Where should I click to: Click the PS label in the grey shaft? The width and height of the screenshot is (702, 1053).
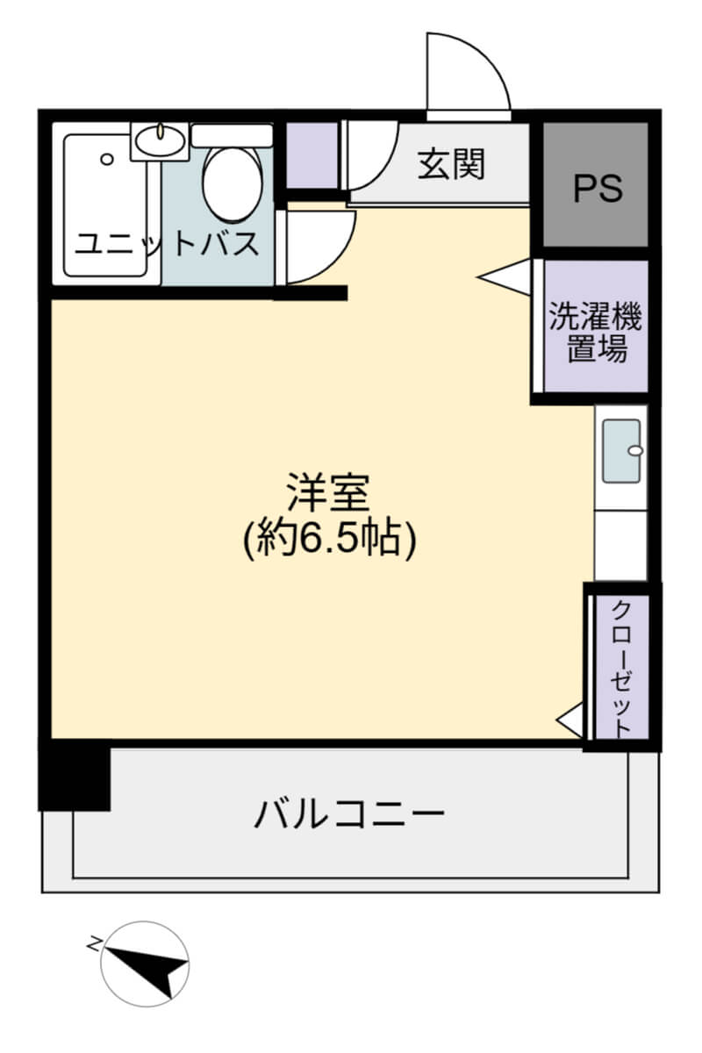click(x=598, y=188)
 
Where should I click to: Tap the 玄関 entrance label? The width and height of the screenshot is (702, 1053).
click(x=451, y=164)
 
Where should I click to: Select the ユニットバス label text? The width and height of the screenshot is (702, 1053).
click(x=167, y=244)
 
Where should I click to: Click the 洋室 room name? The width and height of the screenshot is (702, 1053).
click(x=329, y=491)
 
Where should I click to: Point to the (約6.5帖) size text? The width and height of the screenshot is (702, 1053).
click(x=329, y=538)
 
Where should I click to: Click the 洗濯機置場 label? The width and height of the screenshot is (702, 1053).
click(x=595, y=332)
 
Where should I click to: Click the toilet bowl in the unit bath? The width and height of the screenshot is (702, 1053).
click(x=232, y=183)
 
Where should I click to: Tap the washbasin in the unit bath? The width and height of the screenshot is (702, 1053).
click(x=160, y=140)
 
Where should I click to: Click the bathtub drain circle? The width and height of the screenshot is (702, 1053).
click(x=107, y=160)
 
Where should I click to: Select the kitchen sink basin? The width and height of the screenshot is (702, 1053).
click(x=621, y=451)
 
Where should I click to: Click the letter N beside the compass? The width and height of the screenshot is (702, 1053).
click(x=95, y=943)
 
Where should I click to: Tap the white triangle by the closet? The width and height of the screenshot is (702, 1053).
click(x=570, y=719)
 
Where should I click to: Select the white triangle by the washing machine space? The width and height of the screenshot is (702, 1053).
click(x=504, y=277)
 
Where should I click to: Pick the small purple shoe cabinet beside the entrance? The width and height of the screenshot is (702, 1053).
click(x=312, y=155)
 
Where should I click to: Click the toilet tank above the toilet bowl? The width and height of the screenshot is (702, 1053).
click(x=232, y=136)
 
